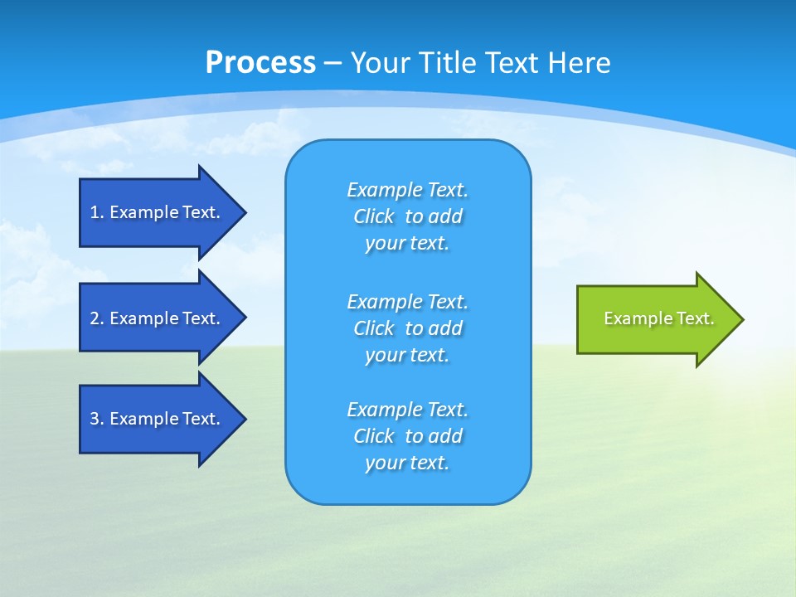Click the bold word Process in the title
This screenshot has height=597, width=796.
pos(260,63)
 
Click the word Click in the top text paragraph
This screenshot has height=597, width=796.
pos(374,216)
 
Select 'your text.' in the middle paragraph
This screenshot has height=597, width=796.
pos(407,355)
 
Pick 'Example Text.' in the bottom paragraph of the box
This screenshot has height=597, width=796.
pos(407,410)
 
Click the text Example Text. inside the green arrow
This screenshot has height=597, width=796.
pos(659,318)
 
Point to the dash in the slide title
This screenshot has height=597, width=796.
pos(333,63)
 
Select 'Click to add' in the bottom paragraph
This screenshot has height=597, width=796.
pos(407,436)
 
